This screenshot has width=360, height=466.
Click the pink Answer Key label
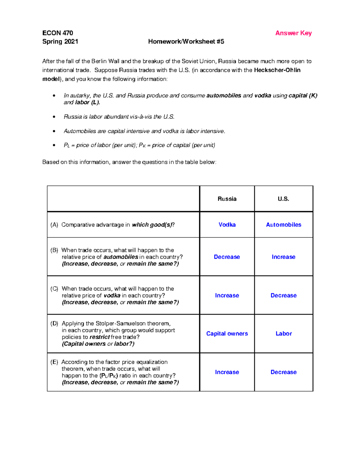click(x=293, y=33)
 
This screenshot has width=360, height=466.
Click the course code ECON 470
click(x=58, y=33)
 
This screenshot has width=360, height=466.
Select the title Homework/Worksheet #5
click(x=186, y=42)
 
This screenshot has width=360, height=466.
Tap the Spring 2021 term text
click(x=60, y=42)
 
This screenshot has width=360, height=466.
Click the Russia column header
click(x=227, y=199)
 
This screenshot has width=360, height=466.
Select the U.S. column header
click(x=283, y=199)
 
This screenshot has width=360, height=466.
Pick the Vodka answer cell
click(x=227, y=225)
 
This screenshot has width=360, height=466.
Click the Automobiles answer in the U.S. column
click(x=283, y=225)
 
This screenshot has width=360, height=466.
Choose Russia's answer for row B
click(x=227, y=257)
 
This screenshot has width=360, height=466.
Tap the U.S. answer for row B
click(x=283, y=257)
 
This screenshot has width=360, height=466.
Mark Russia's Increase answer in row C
click(x=227, y=296)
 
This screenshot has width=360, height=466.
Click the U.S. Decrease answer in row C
click(x=283, y=296)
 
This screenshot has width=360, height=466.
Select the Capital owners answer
click(x=227, y=334)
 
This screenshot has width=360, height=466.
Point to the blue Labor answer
click(x=283, y=334)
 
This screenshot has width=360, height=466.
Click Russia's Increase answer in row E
click(x=227, y=372)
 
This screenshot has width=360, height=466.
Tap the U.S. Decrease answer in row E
click(x=283, y=372)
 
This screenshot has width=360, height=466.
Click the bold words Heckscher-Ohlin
click(x=277, y=70)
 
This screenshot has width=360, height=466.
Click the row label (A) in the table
click(x=54, y=225)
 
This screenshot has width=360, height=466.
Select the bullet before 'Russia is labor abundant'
click(x=54, y=117)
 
